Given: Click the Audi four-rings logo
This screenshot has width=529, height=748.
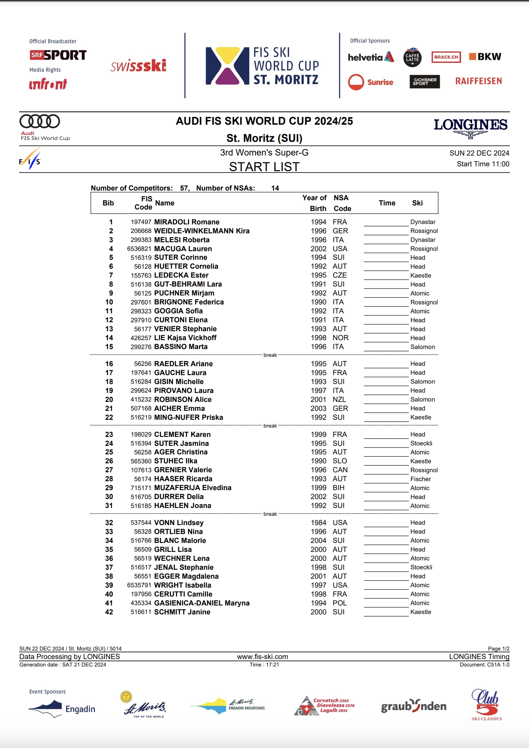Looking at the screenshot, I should pyautogui.click(x=40, y=121).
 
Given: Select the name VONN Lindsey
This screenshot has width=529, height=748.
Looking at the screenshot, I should pyautogui.click(x=179, y=522).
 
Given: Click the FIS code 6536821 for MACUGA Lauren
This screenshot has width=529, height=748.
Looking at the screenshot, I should pyautogui.click(x=139, y=249).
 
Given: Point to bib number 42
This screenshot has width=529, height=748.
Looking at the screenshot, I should pyautogui.click(x=109, y=612).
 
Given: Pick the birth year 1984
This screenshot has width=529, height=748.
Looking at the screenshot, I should pyautogui.click(x=318, y=522).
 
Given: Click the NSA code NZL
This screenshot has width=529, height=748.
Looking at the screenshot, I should pyautogui.click(x=339, y=399).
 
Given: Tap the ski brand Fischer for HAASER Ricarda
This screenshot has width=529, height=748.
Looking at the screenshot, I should pyautogui.click(x=420, y=479).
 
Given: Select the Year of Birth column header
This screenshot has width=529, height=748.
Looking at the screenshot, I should pyautogui.click(x=315, y=203).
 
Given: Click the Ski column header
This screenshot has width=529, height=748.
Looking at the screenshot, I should pyautogui.click(x=417, y=203).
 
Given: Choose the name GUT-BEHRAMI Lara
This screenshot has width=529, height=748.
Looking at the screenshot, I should pyautogui.click(x=188, y=284).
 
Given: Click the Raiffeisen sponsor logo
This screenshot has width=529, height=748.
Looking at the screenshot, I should pyautogui.click(x=478, y=81).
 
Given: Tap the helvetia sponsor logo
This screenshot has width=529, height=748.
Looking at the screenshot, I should pyautogui.click(x=371, y=57).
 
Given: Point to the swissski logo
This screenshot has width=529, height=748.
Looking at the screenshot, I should pyautogui.click(x=138, y=66).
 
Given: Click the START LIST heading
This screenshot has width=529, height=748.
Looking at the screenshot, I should pyautogui.click(x=264, y=167).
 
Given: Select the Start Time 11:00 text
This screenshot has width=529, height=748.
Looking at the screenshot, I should pyautogui.click(x=483, y=164).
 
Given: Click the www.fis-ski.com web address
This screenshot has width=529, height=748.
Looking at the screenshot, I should pyautogui.click(x=263, y=656).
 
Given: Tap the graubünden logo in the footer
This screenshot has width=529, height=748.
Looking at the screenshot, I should pyautogui.click(x=414, y=706).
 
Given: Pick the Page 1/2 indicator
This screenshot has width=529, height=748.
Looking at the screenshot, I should pyautogui.click(x=498, y=648).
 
